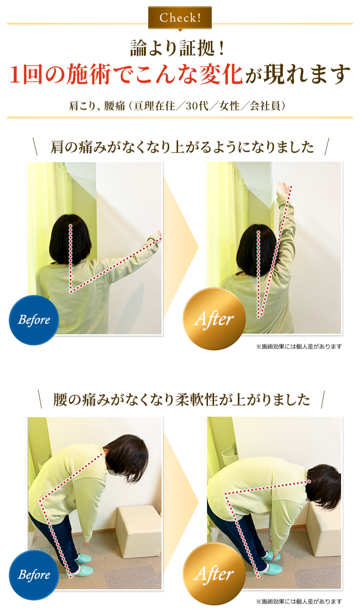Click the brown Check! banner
point(180,18)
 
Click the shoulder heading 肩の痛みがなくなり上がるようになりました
point(181,147)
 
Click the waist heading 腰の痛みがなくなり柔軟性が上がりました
point(181,400)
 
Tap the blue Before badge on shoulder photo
point(34,320)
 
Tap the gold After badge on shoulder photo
point(214,319)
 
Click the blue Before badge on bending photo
point(34,575)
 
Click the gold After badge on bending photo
point(214,574)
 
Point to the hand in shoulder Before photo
point(157,235)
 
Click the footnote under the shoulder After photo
point(299,346)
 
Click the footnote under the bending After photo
point(299,601)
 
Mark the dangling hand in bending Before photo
point(87,544)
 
